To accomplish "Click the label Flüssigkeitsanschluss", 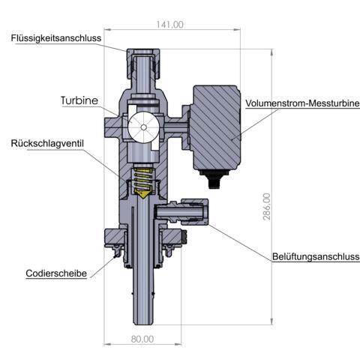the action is [56, 38].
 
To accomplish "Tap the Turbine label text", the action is [79, 100].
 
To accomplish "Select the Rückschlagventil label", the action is [47, 143].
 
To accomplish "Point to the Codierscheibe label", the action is [56, 274].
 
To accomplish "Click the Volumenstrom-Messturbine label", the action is [302, 103].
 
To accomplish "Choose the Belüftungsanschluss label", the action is [316, 256].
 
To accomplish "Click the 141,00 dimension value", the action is [169, 25].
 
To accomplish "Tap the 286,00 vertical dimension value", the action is [267, 206].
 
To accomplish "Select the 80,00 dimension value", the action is [142, 339].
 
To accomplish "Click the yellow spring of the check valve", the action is [143, 179].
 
